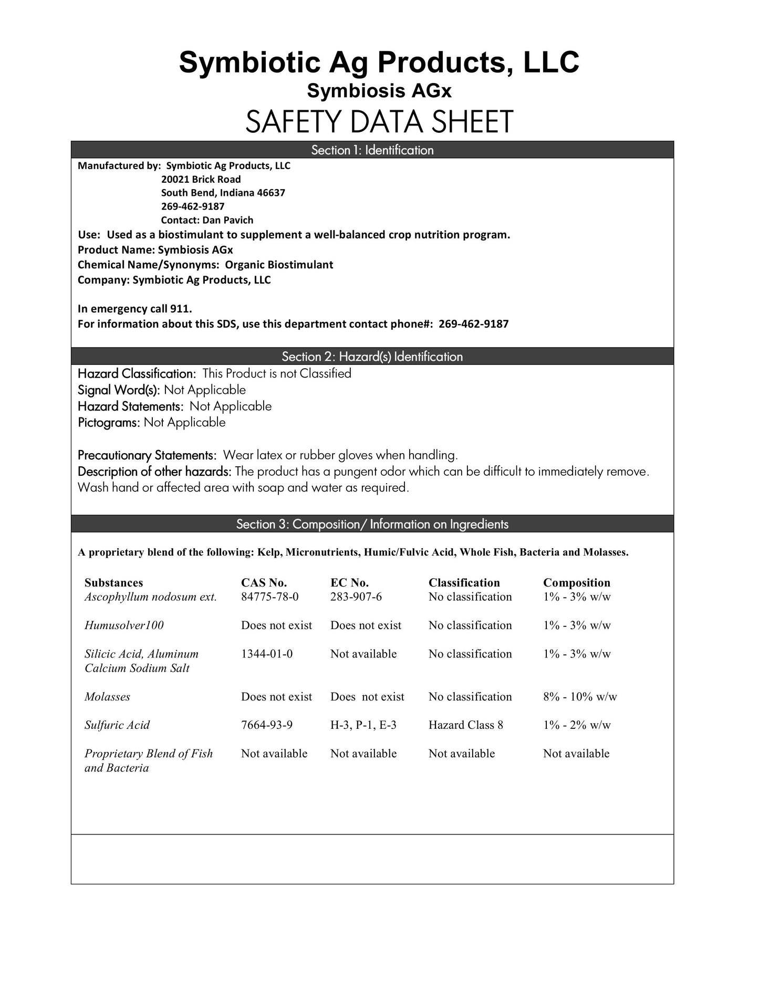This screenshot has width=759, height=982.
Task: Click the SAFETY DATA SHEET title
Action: pyautogui.click(x=379, y=122)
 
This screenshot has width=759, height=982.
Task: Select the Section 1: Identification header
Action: pyautogui.click(x=372, y=150)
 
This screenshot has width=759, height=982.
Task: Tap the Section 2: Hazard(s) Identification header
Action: pyautogui.click(x=372, y=357)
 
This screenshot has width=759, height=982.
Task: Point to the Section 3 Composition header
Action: pyautogui.click(x=372, y=524)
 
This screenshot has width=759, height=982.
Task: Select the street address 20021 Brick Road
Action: pyautogui.click(x=201, y=179)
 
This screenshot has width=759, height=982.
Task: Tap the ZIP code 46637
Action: pyautogui.click(x=271, y=193)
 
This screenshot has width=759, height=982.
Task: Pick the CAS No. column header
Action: pyautogui.click(x=264, y=582)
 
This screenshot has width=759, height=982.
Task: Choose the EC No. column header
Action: pyautogui.click(x=349, y=582)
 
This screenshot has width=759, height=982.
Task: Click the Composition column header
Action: pyautogui.click(x=576, y=582)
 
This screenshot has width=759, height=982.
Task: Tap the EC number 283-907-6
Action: pyautogui.click(x=356, y=597)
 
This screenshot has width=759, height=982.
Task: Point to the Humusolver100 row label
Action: pyautogui.click(x=124, y=625)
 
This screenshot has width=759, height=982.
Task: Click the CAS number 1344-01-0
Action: pyautogui.click(x=267, y=654)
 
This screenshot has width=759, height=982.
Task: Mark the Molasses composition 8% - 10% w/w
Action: pyautogui.click(x=580, y=697)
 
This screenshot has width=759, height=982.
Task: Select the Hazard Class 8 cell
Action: pyautogui.click(x=465, y=725)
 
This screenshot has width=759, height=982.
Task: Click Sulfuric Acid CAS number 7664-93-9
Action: pyautogui.click(x=267, y=725)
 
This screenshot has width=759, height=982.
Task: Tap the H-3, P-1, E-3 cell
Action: pyautogui.click(x=363, y=725)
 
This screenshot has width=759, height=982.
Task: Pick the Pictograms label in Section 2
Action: pyautogui.click(x=109, y=423)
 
